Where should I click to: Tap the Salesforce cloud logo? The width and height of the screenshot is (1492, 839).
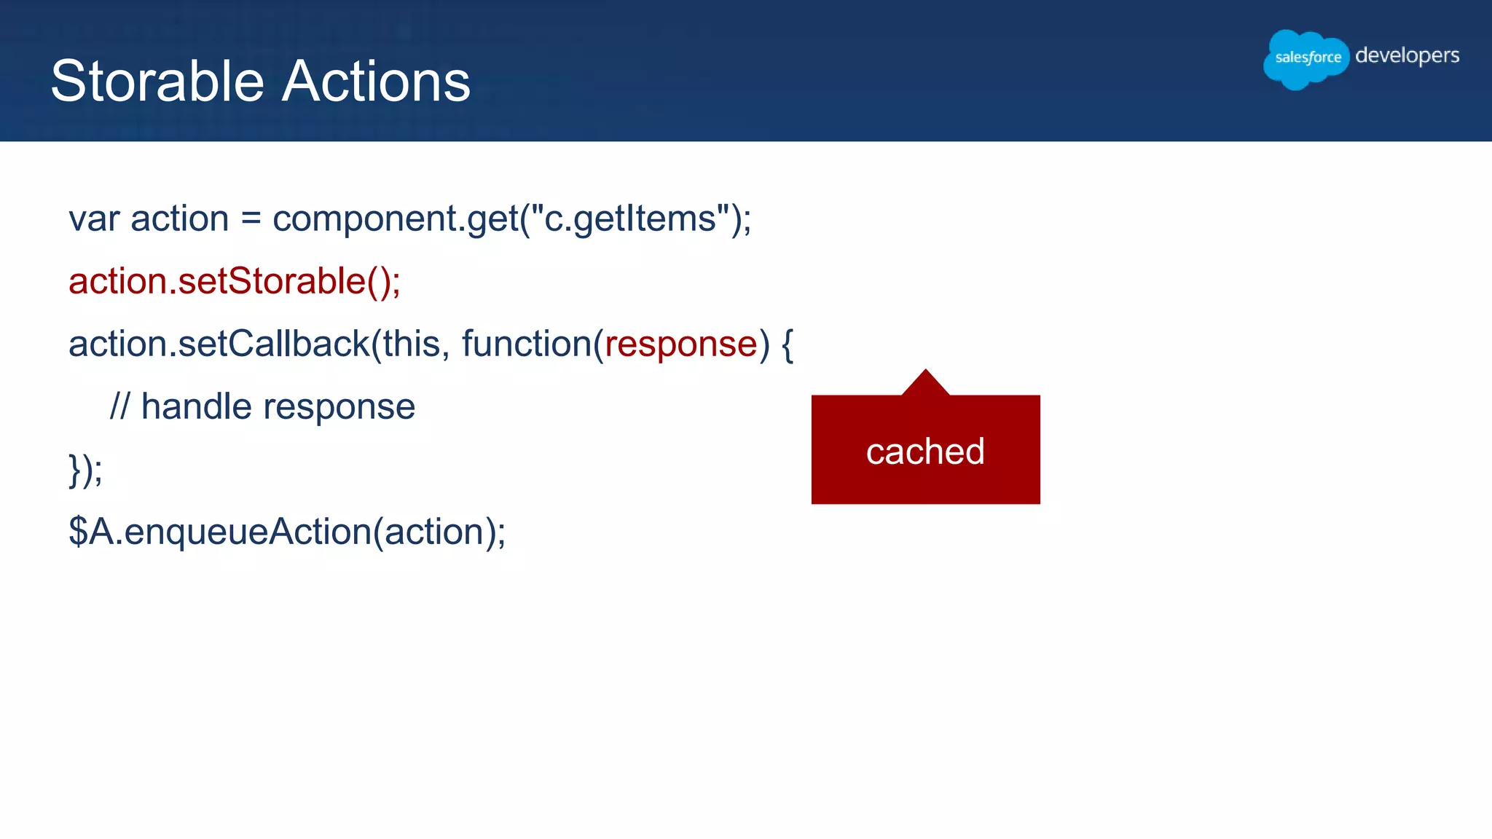pyautogui.click(x=1306, y=58)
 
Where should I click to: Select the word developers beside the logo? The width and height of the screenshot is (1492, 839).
pyautogui.click(x=1407, y=56)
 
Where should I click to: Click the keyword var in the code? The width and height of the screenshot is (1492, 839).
pyautogui.click(x=94, y=219)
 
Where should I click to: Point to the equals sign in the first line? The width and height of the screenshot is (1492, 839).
pyautogui.click(x=251, y=219)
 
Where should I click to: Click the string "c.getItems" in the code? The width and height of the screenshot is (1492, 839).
pyautogui.click(x=631, y=219)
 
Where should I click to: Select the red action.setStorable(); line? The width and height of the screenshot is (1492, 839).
pyautogui.click(x=234, y=282)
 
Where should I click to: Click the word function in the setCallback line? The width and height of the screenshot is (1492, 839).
pyautogui.click(x=526, y=344)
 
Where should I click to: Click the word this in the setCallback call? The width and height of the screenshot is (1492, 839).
pyautogui.click(x=412, y=344)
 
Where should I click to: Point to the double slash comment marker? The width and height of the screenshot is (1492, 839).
pyautogui.click(x=119, y=406)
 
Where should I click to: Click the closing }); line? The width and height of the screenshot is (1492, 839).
pyautogui.click(x=85, y=470)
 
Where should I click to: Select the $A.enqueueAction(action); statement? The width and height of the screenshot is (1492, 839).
pyautogui.click(x=287, y=532)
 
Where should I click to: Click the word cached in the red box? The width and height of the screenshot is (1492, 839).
pyautogui.click(x=925, y=452)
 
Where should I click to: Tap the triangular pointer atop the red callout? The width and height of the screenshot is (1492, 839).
pyautogui.click(x=925, y=383)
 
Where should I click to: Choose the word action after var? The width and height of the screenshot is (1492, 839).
pyautogui.click(x=179, y=219)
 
